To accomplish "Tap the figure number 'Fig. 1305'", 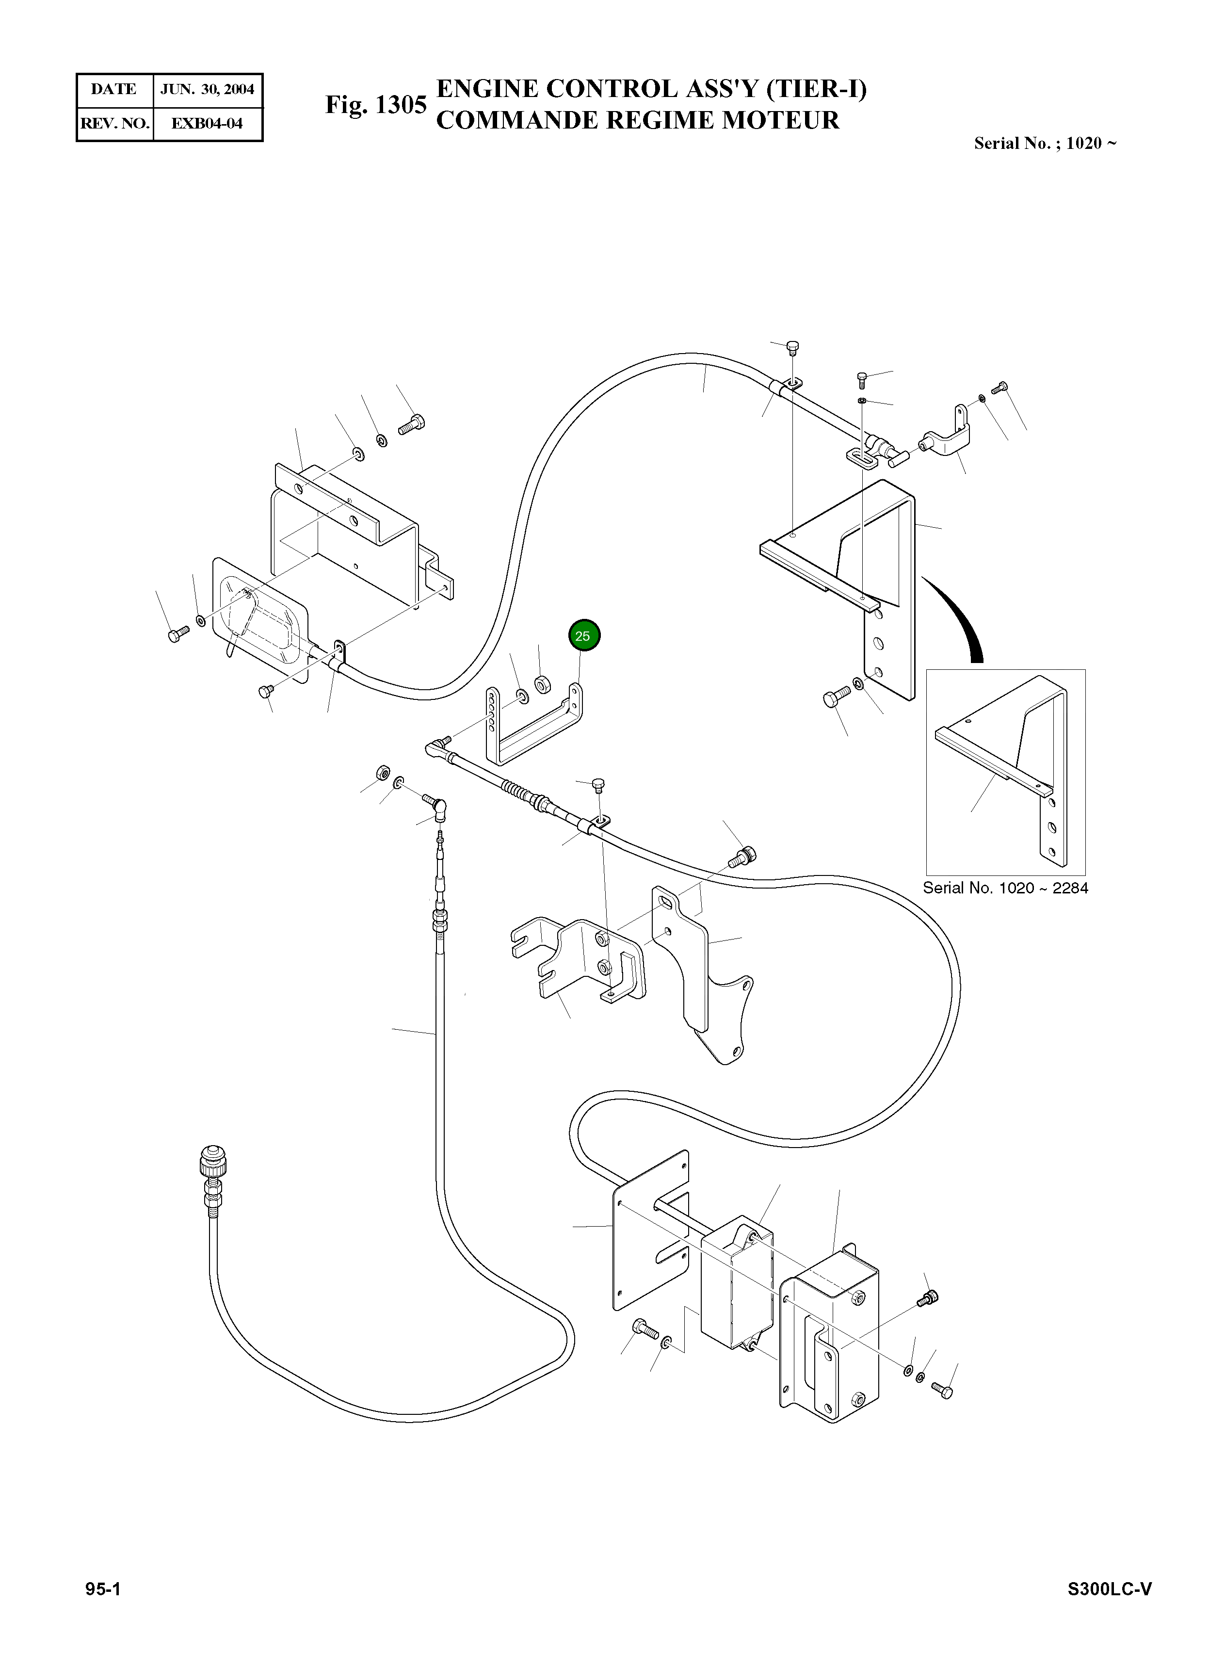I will (x=376, y=105).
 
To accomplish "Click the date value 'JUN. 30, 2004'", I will (x=207, y=90).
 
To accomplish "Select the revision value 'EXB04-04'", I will (x=207, y=123).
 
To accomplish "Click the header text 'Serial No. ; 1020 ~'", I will (x=1044, y=143).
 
